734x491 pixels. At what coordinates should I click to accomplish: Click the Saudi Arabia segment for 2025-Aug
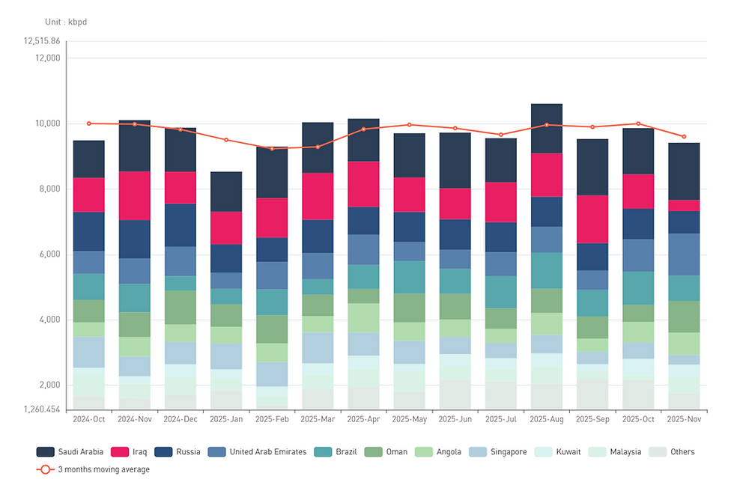546,128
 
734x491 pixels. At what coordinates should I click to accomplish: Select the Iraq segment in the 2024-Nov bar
135,195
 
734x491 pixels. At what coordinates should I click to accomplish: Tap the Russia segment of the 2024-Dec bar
181,225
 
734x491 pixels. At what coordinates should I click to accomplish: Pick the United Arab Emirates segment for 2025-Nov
683,254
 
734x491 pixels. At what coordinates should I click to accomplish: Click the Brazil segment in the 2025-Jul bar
500,292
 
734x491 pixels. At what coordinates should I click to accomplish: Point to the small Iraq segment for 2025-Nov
683,205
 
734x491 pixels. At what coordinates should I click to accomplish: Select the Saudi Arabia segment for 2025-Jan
226,192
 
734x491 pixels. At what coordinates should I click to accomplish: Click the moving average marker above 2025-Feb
272,148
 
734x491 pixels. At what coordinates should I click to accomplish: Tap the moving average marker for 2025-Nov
683,136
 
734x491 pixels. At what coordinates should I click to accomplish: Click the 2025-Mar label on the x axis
318,419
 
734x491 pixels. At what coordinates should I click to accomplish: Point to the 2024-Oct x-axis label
88,419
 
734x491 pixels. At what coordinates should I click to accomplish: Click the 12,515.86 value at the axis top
42,41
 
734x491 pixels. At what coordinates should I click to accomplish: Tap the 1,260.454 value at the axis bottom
42,409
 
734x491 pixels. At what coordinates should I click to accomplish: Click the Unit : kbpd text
66,22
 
